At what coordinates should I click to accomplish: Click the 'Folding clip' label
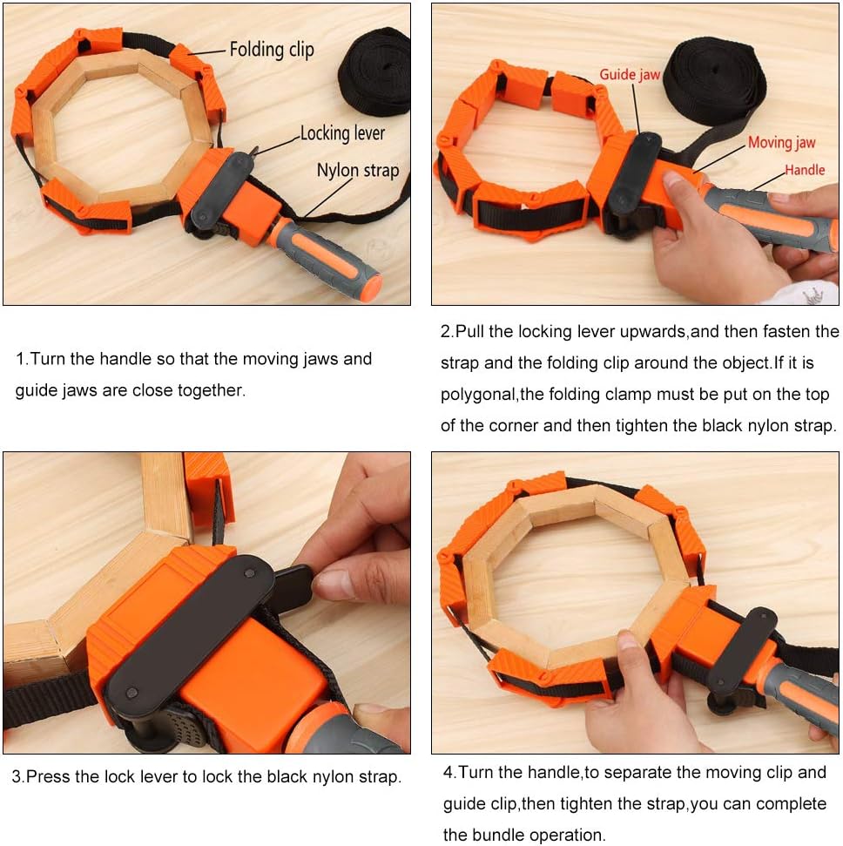[x=272, y=50]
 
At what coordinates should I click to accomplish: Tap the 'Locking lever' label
[x=342, y=133]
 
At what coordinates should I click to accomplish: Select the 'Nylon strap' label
[x=358, y=171]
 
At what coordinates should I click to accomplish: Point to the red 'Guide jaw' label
[x=630, y=74]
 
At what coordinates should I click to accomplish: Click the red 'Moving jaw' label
[x=781, y=143]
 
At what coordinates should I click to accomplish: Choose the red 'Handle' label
[x=805, y=170]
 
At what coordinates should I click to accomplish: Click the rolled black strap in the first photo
[x=374, y=72]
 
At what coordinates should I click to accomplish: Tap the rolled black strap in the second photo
[x=715, y=81]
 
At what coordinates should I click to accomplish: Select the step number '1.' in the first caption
[x=22, y=359]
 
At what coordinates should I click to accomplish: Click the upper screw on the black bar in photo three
[x=249, y=573]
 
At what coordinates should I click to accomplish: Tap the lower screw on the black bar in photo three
[x=131, y=693]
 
